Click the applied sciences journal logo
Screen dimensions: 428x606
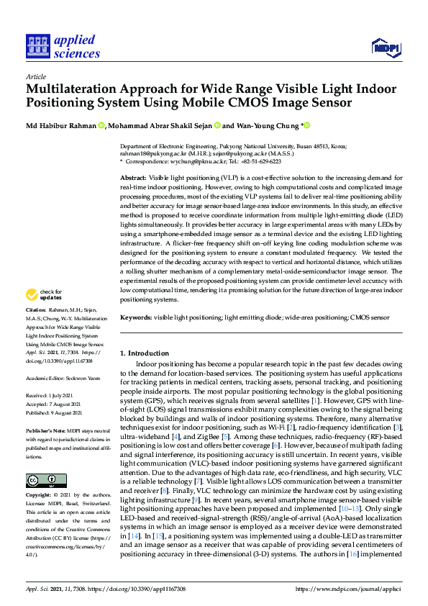[x=63, y=47]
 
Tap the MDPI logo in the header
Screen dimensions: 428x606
[x=385, y=48]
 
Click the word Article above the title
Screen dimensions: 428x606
[x=35, y=76]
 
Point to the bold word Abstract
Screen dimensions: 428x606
[x=133, y=177]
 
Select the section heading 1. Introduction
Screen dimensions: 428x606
[x=144, y=353]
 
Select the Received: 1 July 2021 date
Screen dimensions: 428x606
[x=51, y=395]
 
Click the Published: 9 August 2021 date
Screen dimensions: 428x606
[x=55, y=411]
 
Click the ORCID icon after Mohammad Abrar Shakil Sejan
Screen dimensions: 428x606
[x=217, y=127]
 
